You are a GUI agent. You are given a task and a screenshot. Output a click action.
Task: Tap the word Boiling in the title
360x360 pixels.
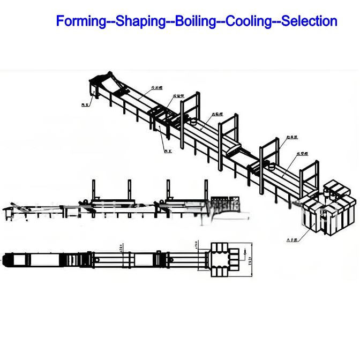point(195,21)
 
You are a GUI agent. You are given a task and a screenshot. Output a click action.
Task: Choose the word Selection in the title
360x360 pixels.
point(309,21)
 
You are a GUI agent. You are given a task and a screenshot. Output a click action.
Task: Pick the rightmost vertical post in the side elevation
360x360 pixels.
point(205,190)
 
